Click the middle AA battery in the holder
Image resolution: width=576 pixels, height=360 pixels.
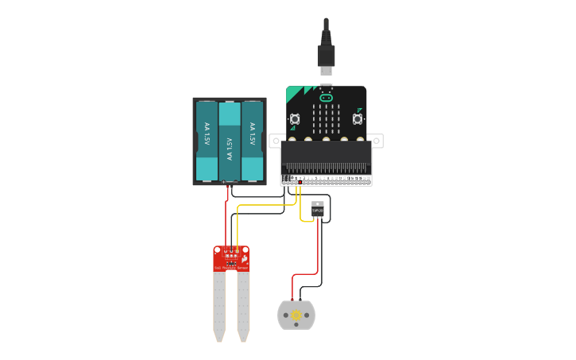[229, 141]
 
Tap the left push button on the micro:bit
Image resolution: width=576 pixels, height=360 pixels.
[295, 119]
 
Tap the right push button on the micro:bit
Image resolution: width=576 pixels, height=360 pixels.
[358, 119]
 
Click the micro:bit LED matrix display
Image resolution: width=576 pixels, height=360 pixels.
[326, 120]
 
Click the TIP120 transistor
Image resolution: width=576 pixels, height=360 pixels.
[318, 209]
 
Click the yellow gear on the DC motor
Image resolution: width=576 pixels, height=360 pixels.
[296, 315]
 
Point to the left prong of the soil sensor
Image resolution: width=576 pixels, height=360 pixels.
[218, 306]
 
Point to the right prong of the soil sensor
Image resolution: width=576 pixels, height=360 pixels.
[242, 306]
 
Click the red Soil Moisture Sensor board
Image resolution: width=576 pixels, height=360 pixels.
[230, 258]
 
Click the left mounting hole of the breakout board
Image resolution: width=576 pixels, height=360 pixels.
[275, 141]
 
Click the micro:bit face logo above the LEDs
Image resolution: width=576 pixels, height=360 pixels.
[326, 97]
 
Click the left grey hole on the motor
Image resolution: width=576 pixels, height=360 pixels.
[284, 315]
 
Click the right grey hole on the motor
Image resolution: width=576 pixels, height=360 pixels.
[309, 315]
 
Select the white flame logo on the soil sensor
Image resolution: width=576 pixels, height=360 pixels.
[244, 258]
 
